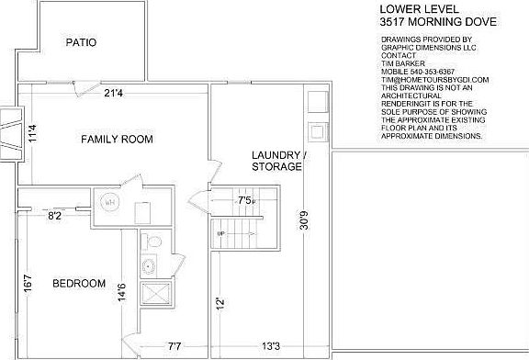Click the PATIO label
coord(82,42)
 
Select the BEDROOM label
coord(78,283)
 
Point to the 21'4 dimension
coord(115,92)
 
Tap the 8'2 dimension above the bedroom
coord(54,216)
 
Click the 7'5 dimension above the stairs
coord(246,199)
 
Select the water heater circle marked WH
coord(109,202)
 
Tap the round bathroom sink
coord(148,267)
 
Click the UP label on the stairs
coord(220,233)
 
